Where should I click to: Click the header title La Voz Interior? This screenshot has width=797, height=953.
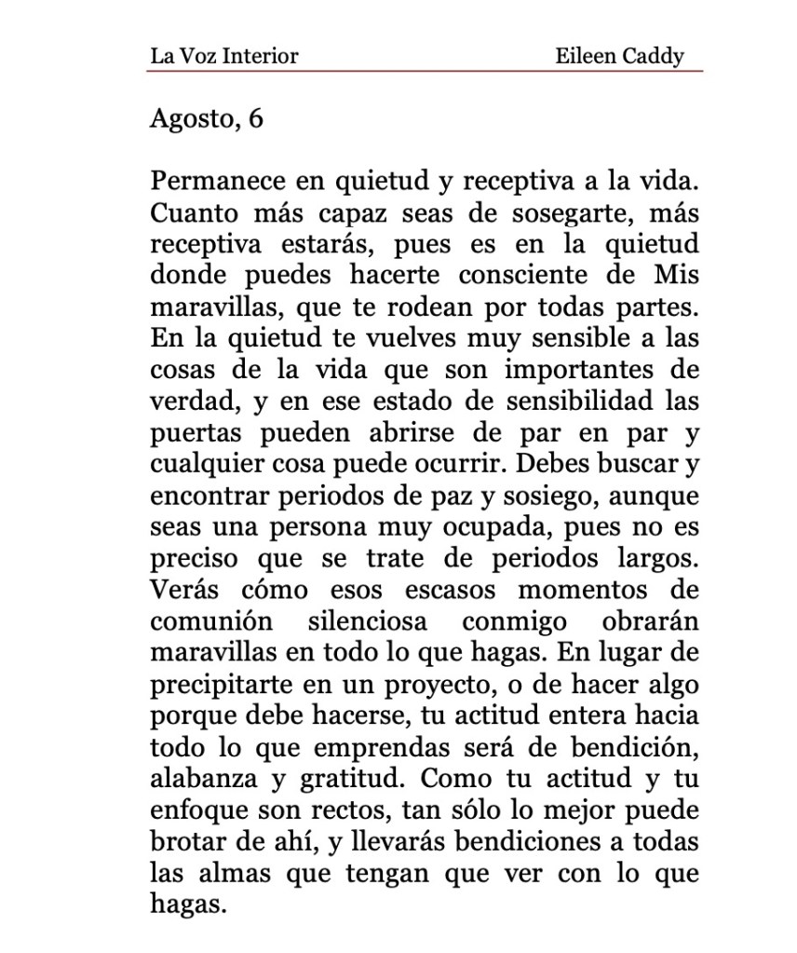point(223,56)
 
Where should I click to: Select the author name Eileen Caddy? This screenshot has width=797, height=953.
point(619,56)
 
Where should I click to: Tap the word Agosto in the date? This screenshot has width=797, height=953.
point(191,120)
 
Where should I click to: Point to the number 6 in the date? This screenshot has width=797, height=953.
point(254,119)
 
